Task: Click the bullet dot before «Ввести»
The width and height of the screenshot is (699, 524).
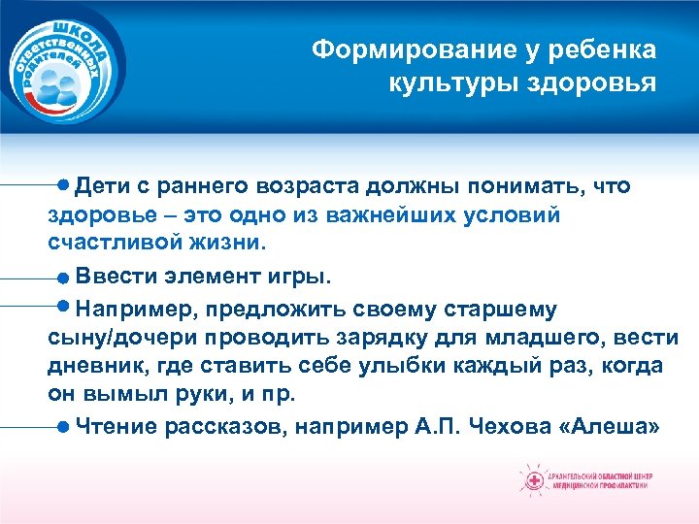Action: tap(63, 278)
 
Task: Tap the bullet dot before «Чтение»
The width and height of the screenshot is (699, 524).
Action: tap(63, 425)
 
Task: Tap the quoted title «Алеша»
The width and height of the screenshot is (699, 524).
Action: tap(612, 425)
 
